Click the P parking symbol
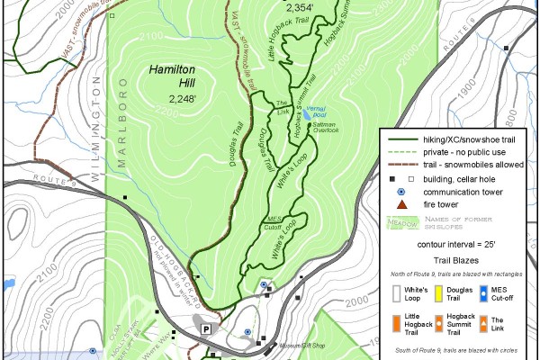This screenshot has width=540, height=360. pyautogui.click(x=206, y=329)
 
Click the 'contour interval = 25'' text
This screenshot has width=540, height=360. pyautogui.click(x=457, y=244)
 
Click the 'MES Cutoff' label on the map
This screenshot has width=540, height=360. pyautogui.click(x=275, y=222)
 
